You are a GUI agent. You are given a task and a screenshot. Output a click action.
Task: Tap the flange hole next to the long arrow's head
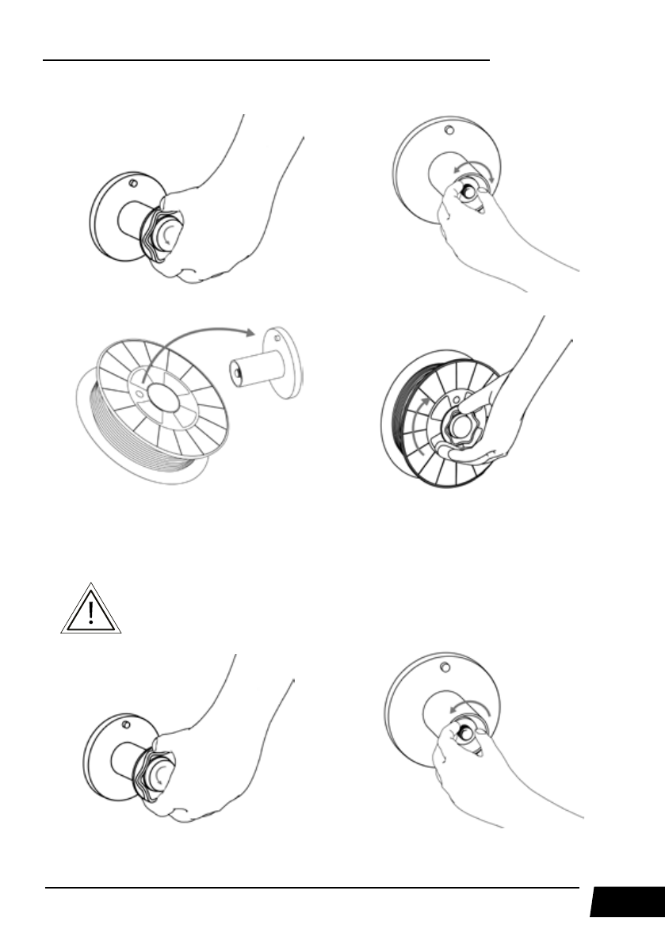point(276,333)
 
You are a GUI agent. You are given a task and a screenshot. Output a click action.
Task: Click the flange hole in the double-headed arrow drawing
point(449,129)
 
